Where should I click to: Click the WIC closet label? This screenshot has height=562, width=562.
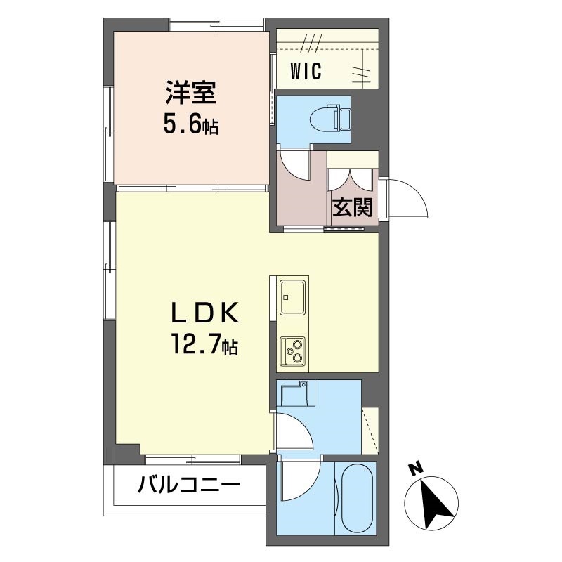coord(306,71)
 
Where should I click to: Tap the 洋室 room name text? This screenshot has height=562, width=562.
coord(190,93)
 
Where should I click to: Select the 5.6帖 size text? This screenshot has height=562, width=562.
coord(190,125)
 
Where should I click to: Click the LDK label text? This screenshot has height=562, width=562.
coord(204,313)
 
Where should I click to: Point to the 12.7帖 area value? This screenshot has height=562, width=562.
coord(204,344)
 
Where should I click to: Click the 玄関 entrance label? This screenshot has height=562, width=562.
coord(353,207)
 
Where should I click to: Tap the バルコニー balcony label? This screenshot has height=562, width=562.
coord(188,485)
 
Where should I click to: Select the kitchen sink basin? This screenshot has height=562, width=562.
coord(292,297)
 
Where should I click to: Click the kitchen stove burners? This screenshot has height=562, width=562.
coord(292,351)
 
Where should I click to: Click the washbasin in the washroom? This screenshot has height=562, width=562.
coord(294,393)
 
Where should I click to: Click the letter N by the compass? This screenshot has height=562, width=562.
coord(415,469)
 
